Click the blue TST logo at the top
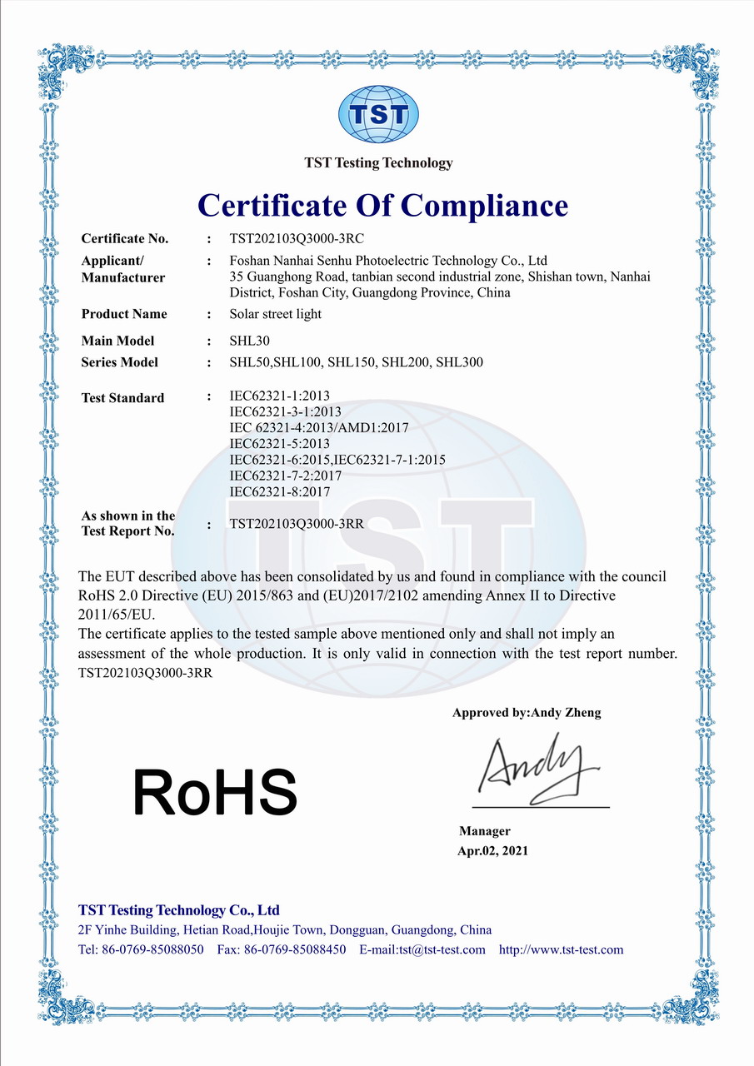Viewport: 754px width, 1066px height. point(377,114)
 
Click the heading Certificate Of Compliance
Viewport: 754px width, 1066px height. point(383,204)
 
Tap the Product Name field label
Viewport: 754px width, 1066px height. point(124,314)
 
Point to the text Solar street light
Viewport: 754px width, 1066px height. point(275,314)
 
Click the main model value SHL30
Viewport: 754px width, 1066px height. point(250,341)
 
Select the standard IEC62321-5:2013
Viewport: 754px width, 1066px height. point(279,443)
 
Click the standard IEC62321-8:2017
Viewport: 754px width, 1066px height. point(279,492)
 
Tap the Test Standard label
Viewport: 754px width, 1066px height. point(122,398)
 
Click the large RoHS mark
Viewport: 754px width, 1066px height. point(215,792)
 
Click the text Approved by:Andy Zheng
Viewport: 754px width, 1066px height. point(527,713)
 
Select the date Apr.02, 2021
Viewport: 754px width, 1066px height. point(492,850)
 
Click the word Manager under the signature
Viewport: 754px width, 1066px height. point(485,831)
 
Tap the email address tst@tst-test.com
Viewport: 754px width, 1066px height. point(442,950)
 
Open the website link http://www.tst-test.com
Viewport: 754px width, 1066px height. point(561,950)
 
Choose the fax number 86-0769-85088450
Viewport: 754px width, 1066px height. point(295,950)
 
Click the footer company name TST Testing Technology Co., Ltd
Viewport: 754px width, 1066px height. point(179,909)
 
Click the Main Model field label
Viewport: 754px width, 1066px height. point(117,341)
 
